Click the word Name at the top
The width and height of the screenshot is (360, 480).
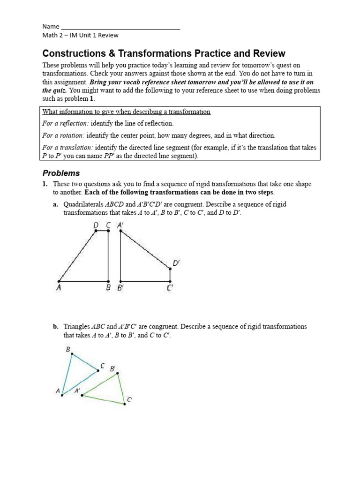pos(51,26)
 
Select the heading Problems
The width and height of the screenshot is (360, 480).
pos(61,173)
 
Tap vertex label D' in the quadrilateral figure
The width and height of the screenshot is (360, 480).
pos(176,263)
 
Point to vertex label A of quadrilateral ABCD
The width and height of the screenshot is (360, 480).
pos(59,288)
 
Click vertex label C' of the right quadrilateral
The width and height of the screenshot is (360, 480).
pos(170,288)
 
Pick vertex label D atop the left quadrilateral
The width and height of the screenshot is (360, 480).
pos(96,225)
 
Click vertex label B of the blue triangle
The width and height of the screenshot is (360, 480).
pos(68,349)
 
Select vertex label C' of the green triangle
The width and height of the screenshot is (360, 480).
pos(129,399)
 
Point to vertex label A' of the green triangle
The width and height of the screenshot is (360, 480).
pos(77,390)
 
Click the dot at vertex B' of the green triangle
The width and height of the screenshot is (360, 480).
pos(118,374)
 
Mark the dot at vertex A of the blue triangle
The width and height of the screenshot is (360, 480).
pos(62,395)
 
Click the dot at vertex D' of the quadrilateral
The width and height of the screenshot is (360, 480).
pos(170,269)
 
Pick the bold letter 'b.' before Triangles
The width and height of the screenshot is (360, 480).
pos(56,326)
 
